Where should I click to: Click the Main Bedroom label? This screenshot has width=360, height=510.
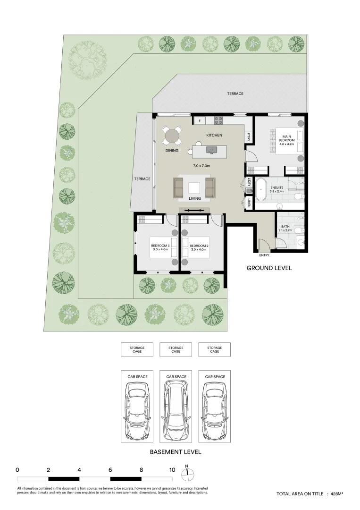coord(286,138)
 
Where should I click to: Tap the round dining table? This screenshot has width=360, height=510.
coord(172,137)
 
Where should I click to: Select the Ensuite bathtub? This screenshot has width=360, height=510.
coord(260,192)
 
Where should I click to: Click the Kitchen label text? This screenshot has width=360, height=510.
coord(214,136)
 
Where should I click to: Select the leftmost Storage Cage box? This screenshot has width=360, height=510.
coord(137,349)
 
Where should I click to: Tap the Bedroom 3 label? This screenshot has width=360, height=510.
coord(160,246)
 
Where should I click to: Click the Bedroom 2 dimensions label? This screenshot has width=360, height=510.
coord(199,250)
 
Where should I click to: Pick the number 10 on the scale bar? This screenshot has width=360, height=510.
coord(172,470)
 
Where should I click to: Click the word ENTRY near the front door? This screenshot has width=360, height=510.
coord(265,255)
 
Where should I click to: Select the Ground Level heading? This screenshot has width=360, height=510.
coord(269,268)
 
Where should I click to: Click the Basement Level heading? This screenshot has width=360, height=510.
coord(176,452)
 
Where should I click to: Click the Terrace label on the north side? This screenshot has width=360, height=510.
coord(235,94)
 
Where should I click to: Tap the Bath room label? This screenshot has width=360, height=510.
coord(285,227)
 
